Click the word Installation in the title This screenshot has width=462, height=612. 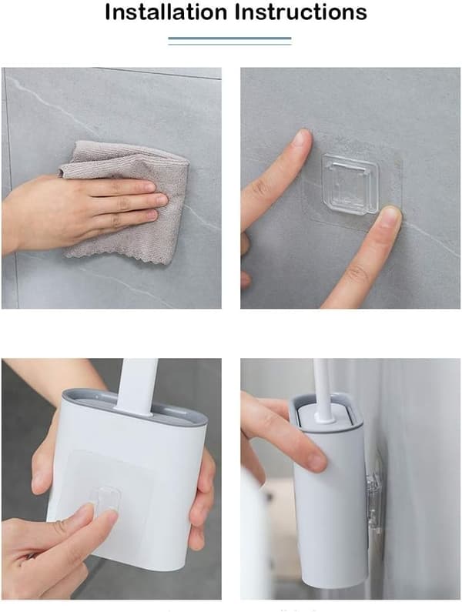pyautogui.click(x=166, y=12)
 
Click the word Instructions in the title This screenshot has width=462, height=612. pyautogui.click(x=301, y=12)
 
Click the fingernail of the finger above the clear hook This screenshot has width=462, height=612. pyautogui.click(x=302, y=138)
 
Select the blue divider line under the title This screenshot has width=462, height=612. pyautogui.click(x=229, y=38)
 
